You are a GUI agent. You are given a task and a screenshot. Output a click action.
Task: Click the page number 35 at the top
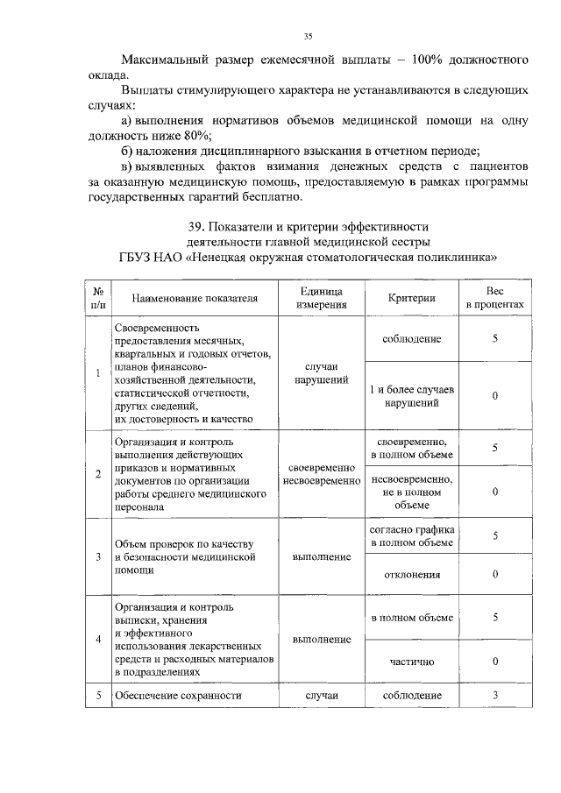point(308,36)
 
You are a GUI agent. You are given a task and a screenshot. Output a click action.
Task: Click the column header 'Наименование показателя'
point(195,298)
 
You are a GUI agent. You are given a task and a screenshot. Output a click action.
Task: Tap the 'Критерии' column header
point(412,298)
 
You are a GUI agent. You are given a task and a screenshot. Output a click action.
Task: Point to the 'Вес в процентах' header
point(494,298)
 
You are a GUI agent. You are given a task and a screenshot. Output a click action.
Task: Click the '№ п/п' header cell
point(98,298)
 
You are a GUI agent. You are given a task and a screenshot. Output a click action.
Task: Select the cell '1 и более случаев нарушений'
point(412,397)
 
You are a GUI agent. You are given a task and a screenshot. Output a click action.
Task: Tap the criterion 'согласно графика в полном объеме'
point(412,536)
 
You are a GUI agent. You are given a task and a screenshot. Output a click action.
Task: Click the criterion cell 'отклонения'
point(412,574)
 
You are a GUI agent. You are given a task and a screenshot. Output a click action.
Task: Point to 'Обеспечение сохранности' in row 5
point(178,696)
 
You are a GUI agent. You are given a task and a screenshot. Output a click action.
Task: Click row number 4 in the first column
point(98,639)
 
